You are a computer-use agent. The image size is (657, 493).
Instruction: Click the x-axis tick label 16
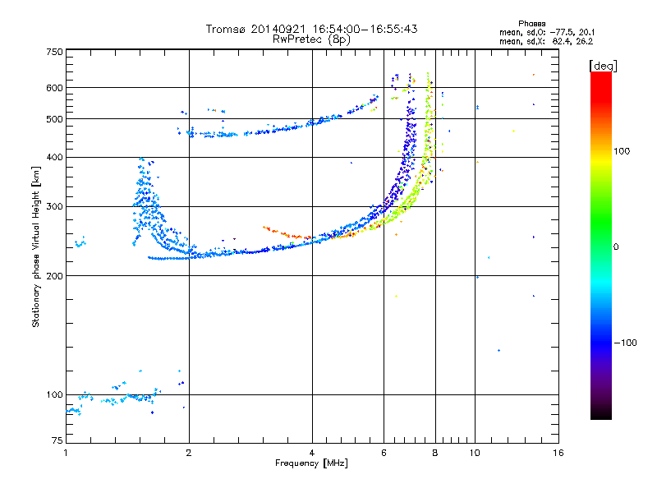557,453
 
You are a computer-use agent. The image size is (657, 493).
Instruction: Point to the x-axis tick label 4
312,453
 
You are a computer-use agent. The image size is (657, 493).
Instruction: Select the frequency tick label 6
384,453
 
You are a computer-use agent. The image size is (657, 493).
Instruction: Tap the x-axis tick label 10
475,453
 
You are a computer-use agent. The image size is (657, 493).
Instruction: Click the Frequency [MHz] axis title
311,464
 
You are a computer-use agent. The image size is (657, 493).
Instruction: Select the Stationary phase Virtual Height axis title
36,246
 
